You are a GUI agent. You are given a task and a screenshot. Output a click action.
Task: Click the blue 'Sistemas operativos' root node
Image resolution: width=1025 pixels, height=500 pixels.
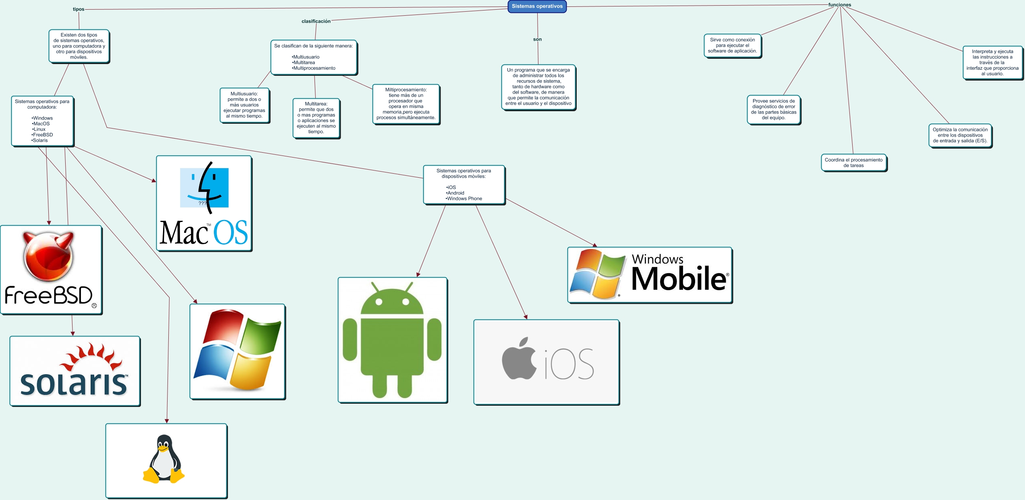pos(537,6)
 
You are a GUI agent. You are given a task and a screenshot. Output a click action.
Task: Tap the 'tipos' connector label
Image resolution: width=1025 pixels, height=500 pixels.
pos(79,9)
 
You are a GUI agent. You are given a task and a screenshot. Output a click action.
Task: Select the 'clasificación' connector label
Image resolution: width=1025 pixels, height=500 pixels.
pos(316,21)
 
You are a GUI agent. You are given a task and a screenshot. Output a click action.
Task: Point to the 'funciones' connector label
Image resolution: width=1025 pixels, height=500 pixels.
pos(840,5)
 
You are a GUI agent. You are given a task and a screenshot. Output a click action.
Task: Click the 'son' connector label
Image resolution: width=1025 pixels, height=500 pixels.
pos(537,39)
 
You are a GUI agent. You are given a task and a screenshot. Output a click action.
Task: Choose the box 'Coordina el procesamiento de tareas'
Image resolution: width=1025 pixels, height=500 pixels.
pos(854,163)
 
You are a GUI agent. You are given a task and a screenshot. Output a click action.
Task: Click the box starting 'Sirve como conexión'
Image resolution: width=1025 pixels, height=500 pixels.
pos(733,46)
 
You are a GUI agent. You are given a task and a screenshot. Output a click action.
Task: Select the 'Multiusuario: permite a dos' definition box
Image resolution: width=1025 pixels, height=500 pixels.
pos(244,105)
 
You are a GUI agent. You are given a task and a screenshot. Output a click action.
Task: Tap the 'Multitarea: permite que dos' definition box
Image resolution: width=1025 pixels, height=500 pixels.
pos(316,118)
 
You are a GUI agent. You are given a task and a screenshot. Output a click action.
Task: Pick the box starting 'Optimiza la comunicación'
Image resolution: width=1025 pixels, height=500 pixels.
pos(960,135)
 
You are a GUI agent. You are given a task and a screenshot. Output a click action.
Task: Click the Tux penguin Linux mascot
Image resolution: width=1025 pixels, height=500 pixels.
pos(164,459)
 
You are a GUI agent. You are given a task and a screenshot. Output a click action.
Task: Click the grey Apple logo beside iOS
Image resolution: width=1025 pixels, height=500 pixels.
pos(519,358)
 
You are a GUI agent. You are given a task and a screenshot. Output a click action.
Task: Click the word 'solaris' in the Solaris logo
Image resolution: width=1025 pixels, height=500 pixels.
pos(74,383)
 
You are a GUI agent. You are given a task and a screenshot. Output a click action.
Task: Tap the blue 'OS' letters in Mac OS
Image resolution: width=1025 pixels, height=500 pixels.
pos(230,232)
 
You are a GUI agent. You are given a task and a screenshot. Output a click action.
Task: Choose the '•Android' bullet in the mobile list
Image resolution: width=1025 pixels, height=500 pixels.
pos(455,193)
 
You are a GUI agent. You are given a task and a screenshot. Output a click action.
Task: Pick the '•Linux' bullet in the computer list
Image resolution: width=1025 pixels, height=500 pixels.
pos(39,129)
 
